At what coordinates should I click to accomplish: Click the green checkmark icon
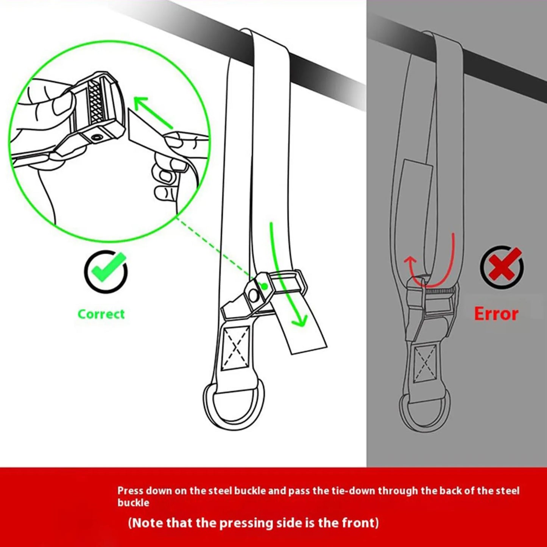106,271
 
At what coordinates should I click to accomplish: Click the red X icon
502,267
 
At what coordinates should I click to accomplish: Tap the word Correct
101,314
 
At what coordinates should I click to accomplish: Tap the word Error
496,314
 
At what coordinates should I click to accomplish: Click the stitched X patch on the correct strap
235,348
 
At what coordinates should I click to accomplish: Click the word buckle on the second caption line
133,503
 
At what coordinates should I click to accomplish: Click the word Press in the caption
130,491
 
